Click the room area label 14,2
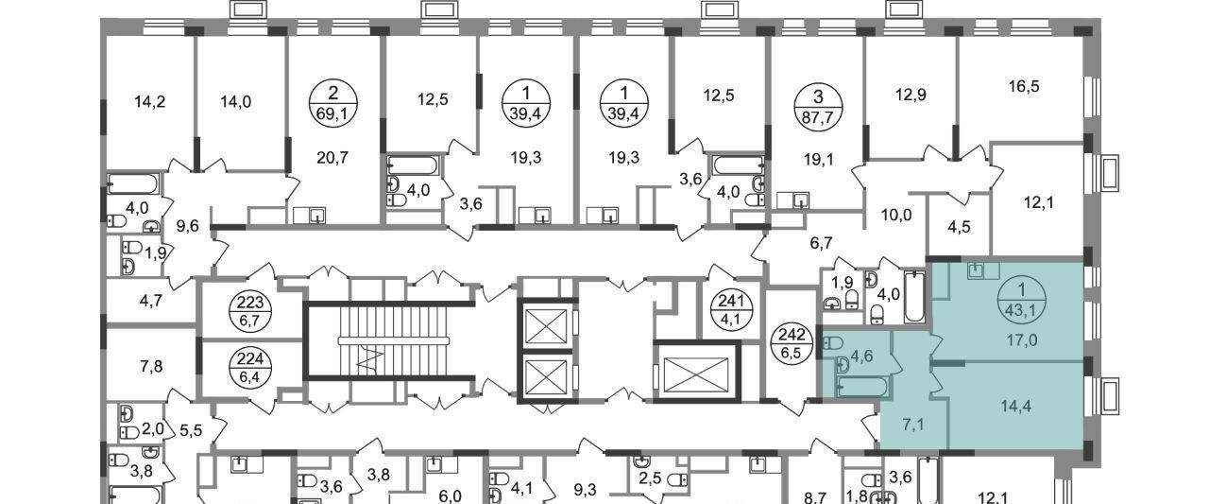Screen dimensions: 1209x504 click(x=150, y=101)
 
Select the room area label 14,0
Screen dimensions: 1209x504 click(x=236, y=101)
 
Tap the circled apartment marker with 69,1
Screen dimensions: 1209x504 click(x=333, y=103)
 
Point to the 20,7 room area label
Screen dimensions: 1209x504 click(x=332, y=158)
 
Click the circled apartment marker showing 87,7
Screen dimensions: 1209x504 click(x=818, y=107)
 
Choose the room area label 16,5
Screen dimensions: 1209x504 click(x=1024, y=86)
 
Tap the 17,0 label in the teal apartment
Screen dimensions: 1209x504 click(x=1022, y=340)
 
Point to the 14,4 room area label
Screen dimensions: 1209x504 click(x=1015, y=406)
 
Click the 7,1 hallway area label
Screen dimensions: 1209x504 click(x=912, y=426)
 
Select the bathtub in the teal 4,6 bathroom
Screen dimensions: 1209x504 click(x=862, y=388)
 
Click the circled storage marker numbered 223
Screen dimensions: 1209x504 click(x=250, y=311)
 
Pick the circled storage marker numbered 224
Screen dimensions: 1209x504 click(x=250, y=368)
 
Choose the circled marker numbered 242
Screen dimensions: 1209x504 click(x=792, y=342)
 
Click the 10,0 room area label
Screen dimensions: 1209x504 click(x=896, y=216)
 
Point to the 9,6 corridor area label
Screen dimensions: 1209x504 click(x=187, y=226)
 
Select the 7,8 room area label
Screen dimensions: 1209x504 click(x=151, y=367)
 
